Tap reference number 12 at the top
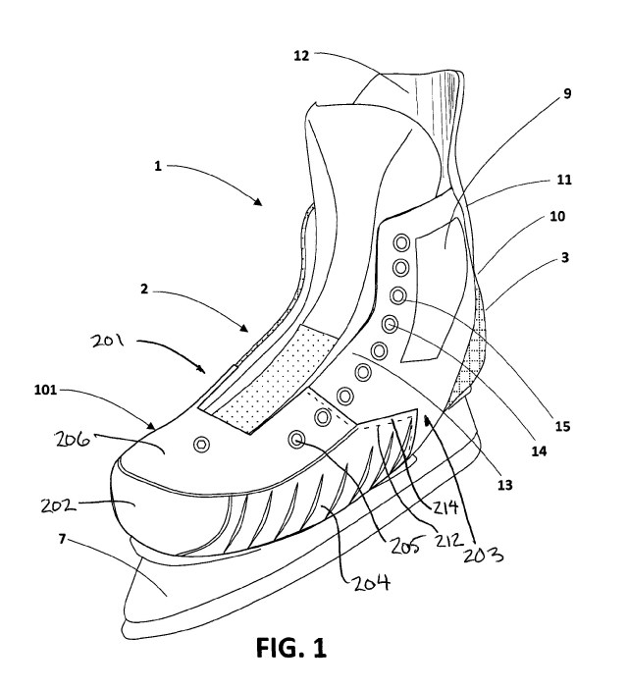coord(301,56)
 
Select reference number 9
coord(567,94)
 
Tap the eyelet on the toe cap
coord(202,445)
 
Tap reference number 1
coord(156,166)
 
